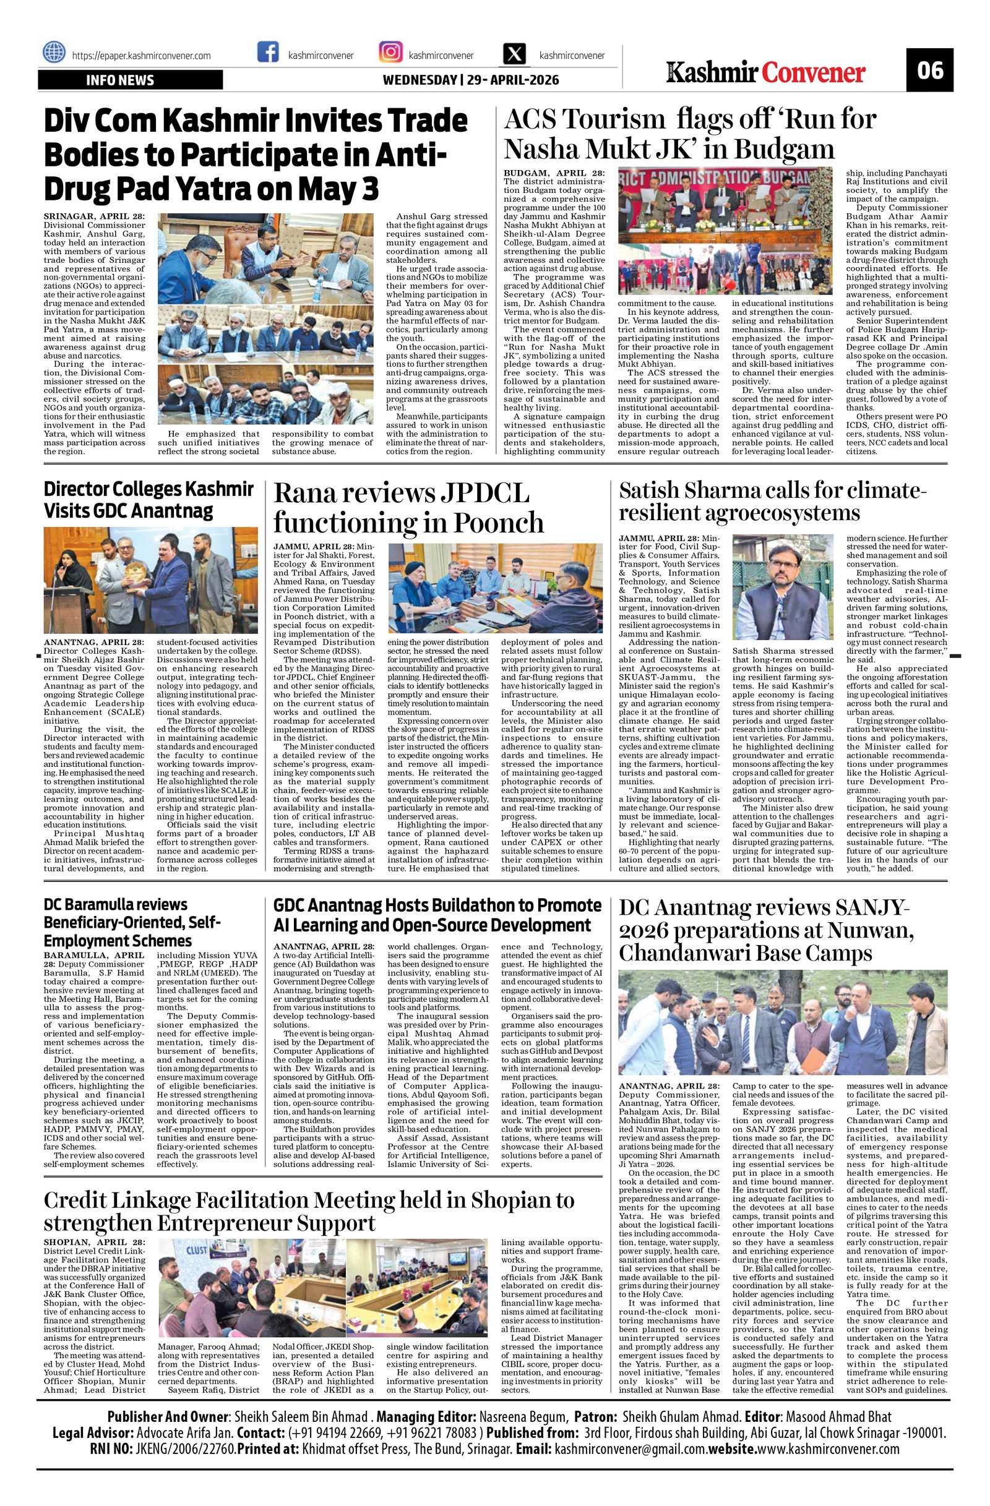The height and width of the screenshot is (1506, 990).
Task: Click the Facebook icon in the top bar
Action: coord(269,52)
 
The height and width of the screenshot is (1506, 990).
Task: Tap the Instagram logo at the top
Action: coord(390,52)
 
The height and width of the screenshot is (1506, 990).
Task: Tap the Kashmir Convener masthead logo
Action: coord(765,72)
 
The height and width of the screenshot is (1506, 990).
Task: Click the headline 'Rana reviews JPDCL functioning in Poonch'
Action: coord(408,508)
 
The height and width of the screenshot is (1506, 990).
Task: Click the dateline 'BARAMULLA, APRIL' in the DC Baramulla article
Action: coord(93,955)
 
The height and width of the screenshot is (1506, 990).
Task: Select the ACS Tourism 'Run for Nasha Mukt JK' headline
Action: coord(690,134)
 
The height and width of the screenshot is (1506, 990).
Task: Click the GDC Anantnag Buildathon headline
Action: coord(437,915)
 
